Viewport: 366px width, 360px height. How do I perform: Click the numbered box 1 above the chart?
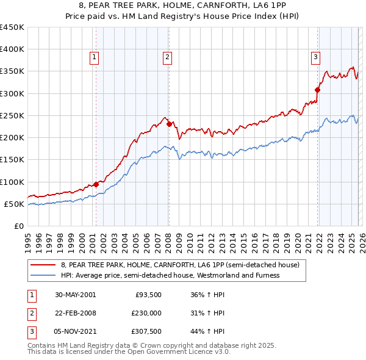click(95, 58)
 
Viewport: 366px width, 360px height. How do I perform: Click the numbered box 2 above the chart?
click(167, 58)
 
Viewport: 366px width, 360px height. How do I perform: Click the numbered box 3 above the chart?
click(315, 58)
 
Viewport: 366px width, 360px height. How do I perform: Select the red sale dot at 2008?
click(169, 124)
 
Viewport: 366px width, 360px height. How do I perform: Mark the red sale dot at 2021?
click(317, 90)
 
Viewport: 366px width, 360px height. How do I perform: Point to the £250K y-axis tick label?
click(12, 115)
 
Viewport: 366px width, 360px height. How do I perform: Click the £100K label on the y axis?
click(12, 182)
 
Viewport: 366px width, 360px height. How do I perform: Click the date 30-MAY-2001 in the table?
click(75, 295)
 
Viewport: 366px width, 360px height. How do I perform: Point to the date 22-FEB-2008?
click(75, 313)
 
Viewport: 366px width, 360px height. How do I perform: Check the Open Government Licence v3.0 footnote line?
click(129, 352)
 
